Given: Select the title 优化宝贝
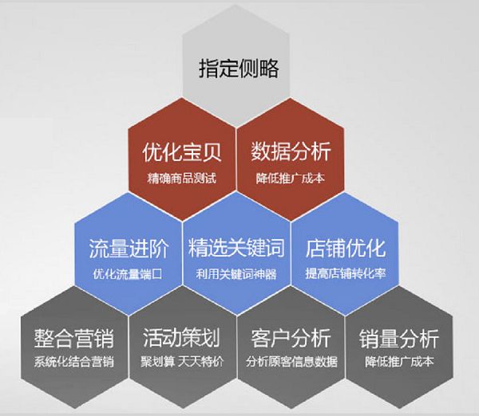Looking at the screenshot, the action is coord(181,151).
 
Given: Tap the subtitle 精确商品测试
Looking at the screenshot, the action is coord(181,176).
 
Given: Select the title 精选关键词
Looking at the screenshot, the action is coord(236,248).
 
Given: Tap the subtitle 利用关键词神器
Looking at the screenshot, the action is coord(236,273).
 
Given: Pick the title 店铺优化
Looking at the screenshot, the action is coord(345,248).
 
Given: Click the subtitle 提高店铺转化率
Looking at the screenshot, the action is coord(345,273).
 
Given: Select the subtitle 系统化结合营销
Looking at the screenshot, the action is coord(74,363).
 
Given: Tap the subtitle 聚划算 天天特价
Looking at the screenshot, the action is coord(181,363).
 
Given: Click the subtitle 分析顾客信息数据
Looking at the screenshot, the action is coord(290,363).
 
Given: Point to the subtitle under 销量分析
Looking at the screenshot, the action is coord(398,363).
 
